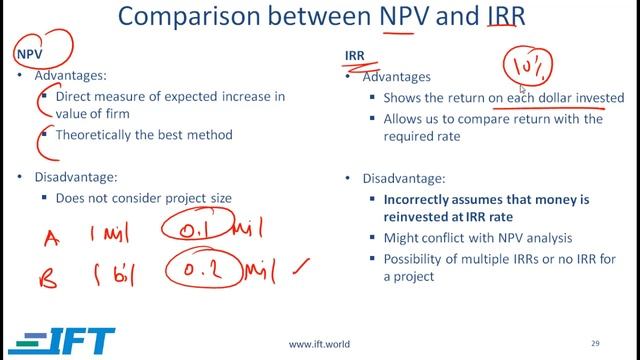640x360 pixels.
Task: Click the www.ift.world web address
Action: (x=319, y=344)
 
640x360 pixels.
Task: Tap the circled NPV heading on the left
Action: (x=29, y=54)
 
